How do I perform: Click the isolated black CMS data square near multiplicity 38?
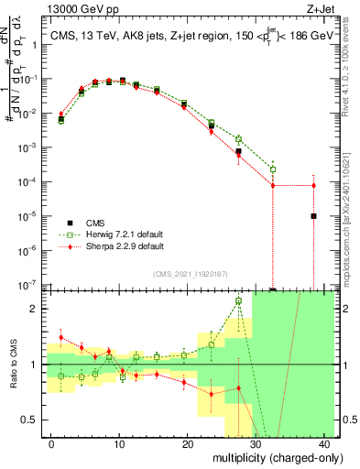click(313, 216)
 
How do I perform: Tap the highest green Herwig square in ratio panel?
click(238, 300)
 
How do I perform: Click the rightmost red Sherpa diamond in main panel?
click(313, 186)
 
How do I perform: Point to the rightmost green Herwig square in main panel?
click(273, 169)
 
